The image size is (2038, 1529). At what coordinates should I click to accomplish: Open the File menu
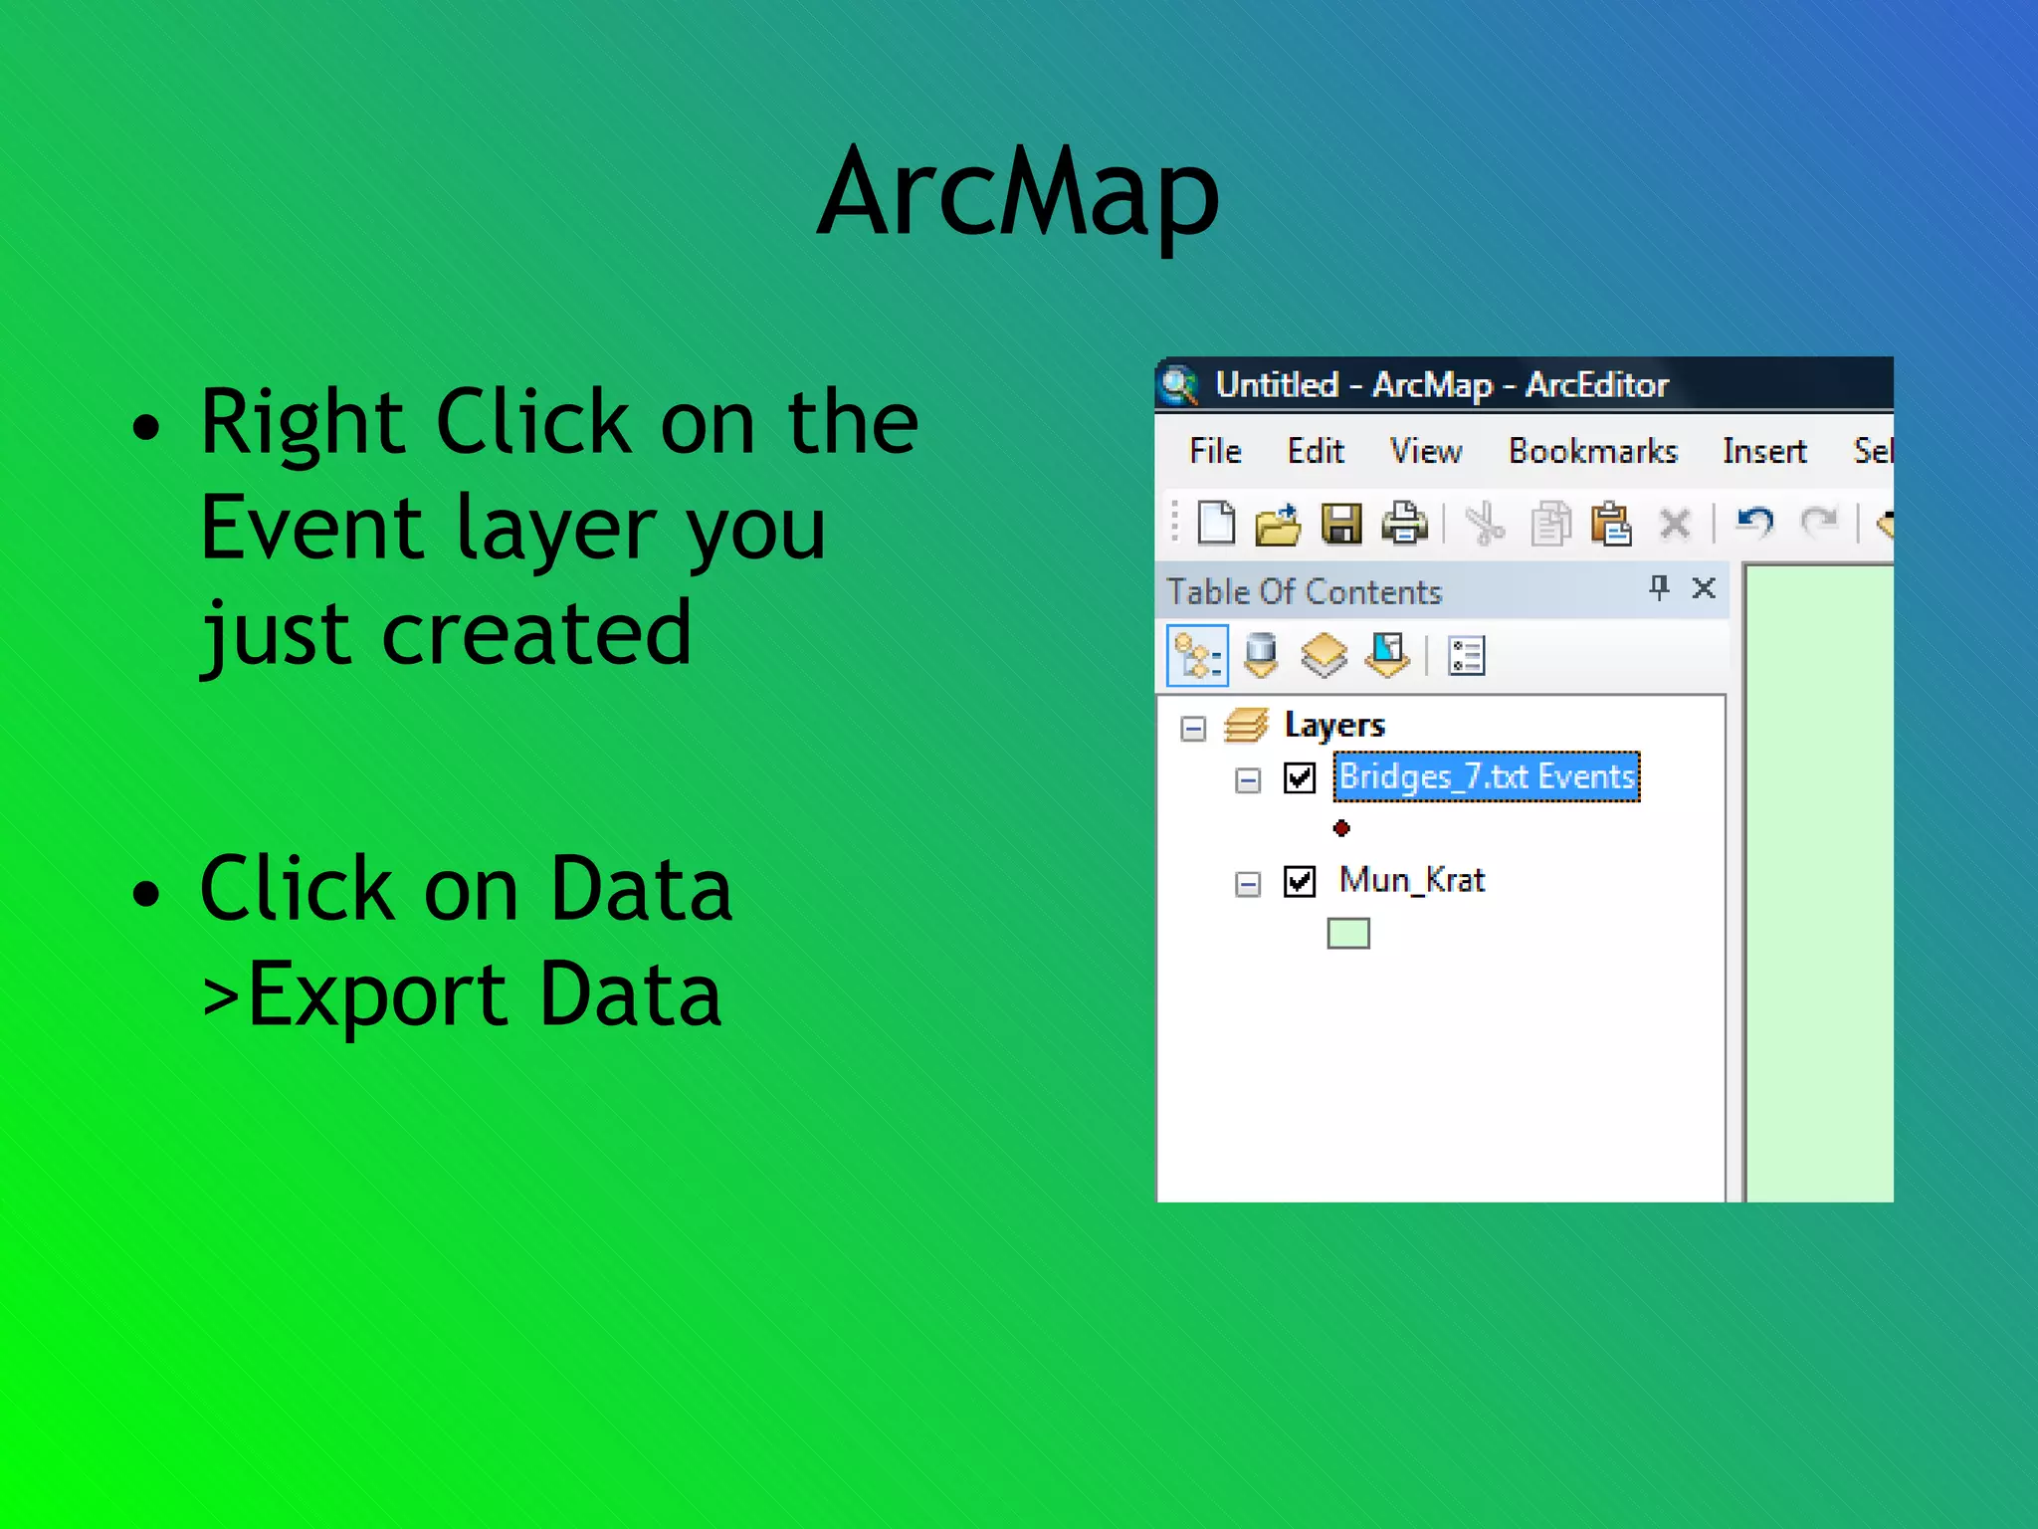tap(1215, 451)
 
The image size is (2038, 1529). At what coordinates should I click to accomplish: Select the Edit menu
tap(1315, 451)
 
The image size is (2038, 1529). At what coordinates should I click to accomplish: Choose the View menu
tap(1425, 451)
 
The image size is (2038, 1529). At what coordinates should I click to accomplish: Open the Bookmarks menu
tap(1592, 451)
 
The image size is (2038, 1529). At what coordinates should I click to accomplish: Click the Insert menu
tap(1764, 451)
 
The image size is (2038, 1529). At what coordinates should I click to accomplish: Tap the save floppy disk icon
tap(1340, 524)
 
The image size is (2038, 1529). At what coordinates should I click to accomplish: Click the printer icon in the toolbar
tap(1404, 524)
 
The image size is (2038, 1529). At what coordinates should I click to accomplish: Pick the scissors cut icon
tap(1485, 524)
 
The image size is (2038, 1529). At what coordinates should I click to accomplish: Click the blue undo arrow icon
tap(1754, 522)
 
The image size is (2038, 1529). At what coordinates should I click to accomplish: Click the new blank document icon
tap(1215, 523)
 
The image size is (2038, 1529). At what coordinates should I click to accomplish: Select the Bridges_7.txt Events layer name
tap(1486, 776)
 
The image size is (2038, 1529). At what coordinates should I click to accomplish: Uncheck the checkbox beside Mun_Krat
tap(1300, 881)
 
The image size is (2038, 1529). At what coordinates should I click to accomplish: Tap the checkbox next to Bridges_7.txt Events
tap(1300, 777)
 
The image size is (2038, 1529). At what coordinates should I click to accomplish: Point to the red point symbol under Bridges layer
tap(1341, 828)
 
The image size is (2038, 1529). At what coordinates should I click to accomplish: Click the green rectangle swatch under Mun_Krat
tap(1348, 934)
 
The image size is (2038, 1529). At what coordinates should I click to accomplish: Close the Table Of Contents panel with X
tap(1704, 588)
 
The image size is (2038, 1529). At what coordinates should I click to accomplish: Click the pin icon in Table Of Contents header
tap(1659, 587)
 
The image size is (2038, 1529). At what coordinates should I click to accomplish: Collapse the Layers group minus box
tap(1193, 729)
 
